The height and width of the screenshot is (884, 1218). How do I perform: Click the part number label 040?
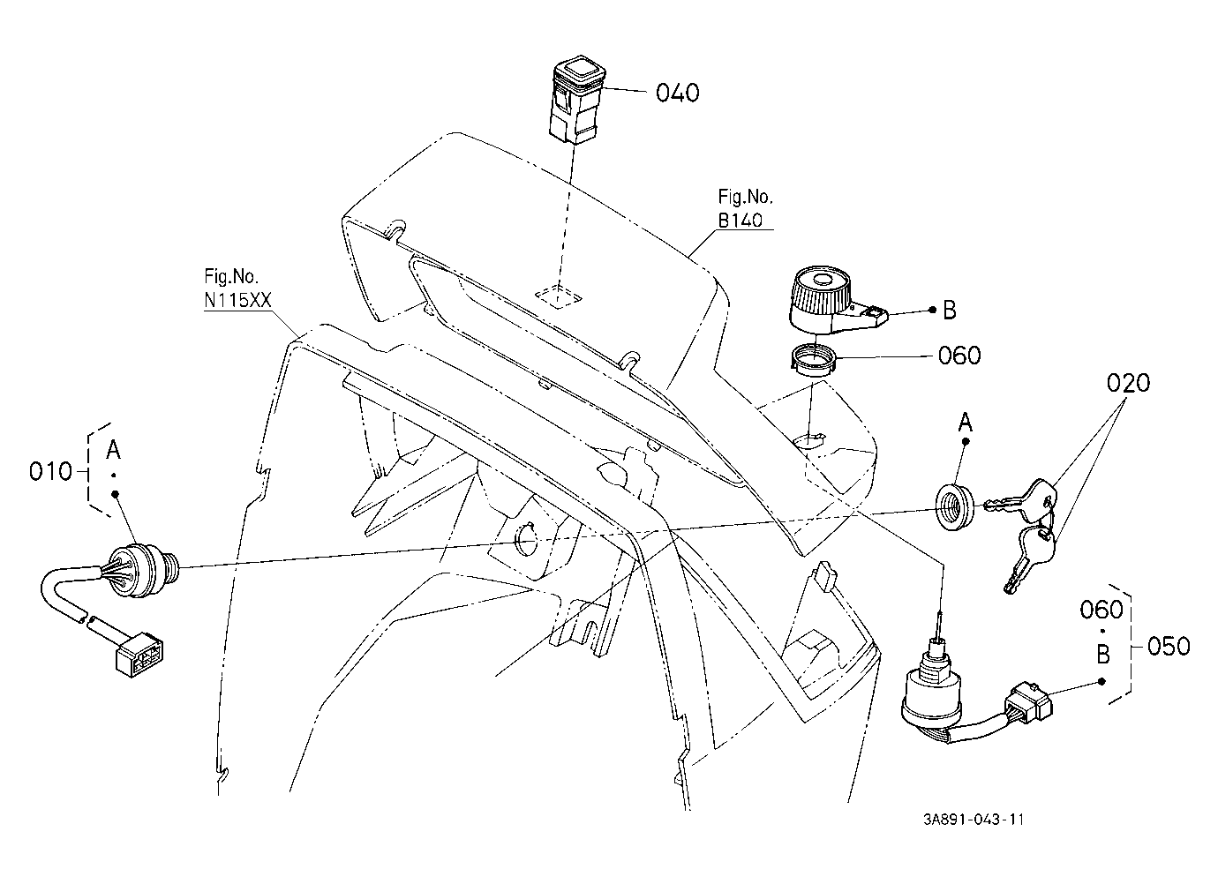677,93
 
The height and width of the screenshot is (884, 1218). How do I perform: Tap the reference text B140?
740,221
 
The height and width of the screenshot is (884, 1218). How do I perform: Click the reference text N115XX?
237,300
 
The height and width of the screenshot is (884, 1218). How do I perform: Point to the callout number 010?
50,471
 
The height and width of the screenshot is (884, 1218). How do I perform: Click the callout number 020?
1128,383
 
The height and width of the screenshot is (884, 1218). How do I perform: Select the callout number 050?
1169,646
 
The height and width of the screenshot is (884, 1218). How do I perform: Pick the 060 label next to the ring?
959,356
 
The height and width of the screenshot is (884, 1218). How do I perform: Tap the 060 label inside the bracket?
1101,610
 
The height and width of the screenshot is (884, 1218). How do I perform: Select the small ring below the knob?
813,361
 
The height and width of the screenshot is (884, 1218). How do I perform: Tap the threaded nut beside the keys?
955,506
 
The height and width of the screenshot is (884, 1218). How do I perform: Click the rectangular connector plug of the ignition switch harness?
139,655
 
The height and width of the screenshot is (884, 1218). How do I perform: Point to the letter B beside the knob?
950,311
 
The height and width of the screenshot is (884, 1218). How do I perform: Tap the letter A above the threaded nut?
966,422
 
